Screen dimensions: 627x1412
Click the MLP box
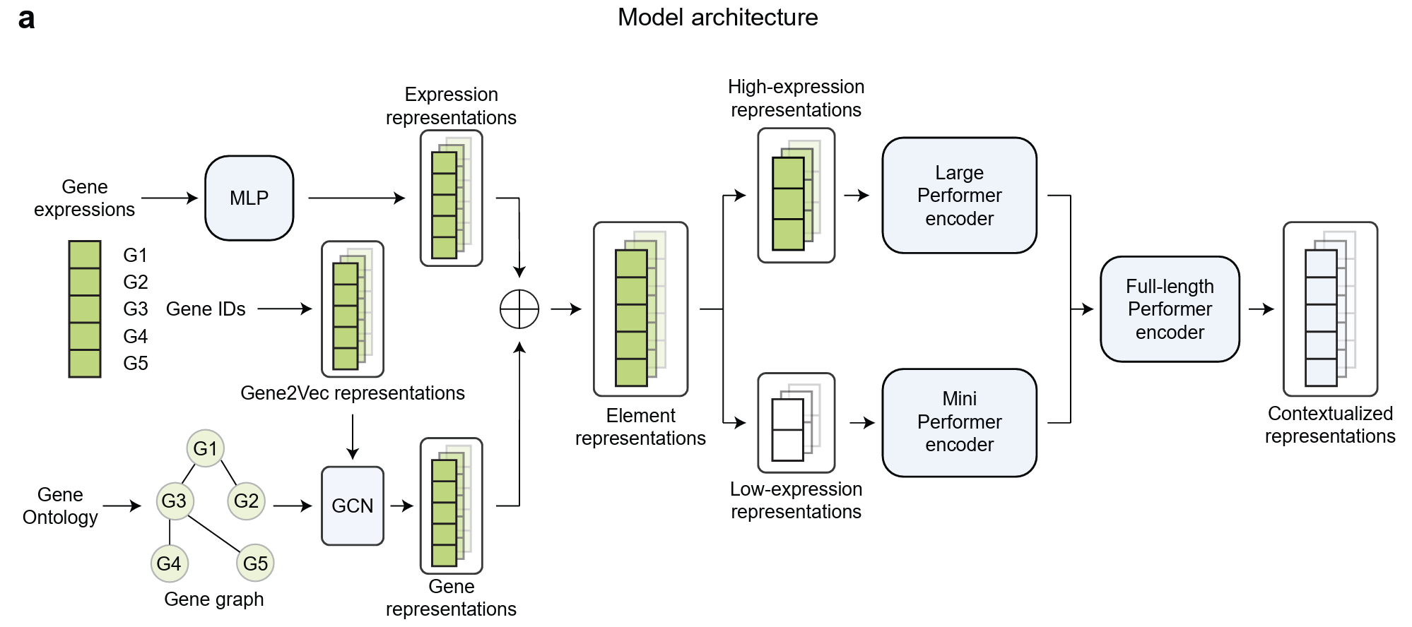tap(249, 198)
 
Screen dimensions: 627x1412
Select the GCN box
tap(352, 506)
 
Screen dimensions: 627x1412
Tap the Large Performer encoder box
tap(959, 196)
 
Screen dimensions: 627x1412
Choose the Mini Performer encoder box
tap(959, 422)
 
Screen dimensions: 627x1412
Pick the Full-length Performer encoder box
tap(1170, 309)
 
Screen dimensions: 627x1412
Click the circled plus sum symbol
tap(519, 309)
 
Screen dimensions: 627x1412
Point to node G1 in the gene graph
tap(205, 448)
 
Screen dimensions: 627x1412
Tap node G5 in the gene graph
tap(255, 563)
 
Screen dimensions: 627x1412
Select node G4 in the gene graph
tap(169, 563)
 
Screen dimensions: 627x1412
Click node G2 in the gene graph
tap(246, 501)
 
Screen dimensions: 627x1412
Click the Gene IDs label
tap(206, 309)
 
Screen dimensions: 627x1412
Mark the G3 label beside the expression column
tap(135, 309)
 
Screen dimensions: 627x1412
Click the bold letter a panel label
tap(26, 19)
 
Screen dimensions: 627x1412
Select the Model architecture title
tap(717, 18)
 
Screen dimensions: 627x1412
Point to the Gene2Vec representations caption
tap(352, 393)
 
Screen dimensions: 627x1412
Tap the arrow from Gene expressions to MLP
tap(170, 198)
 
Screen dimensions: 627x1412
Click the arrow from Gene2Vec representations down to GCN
tap(352, 437)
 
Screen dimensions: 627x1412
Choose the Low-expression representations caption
tap(796, 500)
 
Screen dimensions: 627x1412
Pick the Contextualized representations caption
tap(1329, 424)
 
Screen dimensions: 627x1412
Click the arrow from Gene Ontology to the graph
tap(122, 506)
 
